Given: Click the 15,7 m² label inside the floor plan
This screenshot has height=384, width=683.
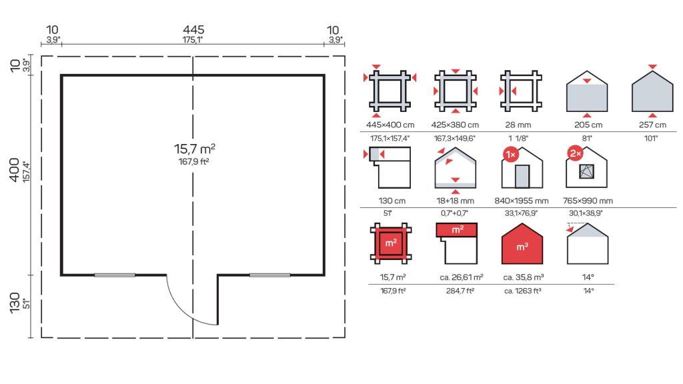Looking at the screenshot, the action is click(194, 149).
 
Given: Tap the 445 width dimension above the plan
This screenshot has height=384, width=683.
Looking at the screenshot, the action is click(193, 29).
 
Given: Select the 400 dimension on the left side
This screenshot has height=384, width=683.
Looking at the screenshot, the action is click(15, 170).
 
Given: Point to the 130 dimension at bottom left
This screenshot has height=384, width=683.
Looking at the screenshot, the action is click(15, 303).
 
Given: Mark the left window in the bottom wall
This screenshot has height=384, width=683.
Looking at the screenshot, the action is click(115, 275).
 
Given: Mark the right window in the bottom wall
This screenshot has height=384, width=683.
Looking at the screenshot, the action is click(269, 275).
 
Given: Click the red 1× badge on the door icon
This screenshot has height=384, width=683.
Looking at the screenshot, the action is click(511, 155).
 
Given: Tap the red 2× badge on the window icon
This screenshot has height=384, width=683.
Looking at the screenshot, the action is click(576, 154).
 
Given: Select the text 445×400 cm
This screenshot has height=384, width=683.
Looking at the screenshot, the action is click(390, 125).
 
